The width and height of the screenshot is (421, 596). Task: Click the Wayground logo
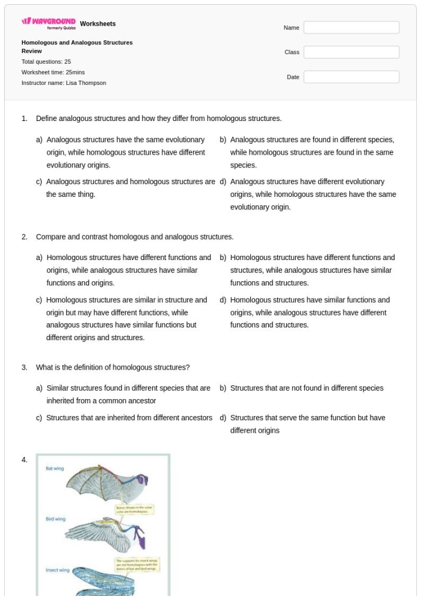[x=49, y=25]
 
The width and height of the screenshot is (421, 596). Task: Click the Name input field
[x=351, y=28]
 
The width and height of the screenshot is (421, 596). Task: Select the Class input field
[x=351, y=52]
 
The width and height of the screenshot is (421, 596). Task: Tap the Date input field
[x=351, y=77]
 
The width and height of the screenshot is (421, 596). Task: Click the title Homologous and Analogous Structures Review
[x=77, y=47]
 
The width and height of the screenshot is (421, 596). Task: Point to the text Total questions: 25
[x=46, y=61]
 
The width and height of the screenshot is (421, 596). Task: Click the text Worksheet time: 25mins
[x=53, y=72]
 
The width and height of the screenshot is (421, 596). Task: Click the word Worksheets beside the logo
[x=97, y=24]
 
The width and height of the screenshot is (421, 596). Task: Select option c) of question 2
[x=126, y=318]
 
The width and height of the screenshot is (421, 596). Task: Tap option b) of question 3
[x=306, y=388]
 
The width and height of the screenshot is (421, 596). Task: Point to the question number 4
[x=25, y=460]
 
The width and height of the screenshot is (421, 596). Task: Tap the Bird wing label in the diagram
[x=55, y=518]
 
